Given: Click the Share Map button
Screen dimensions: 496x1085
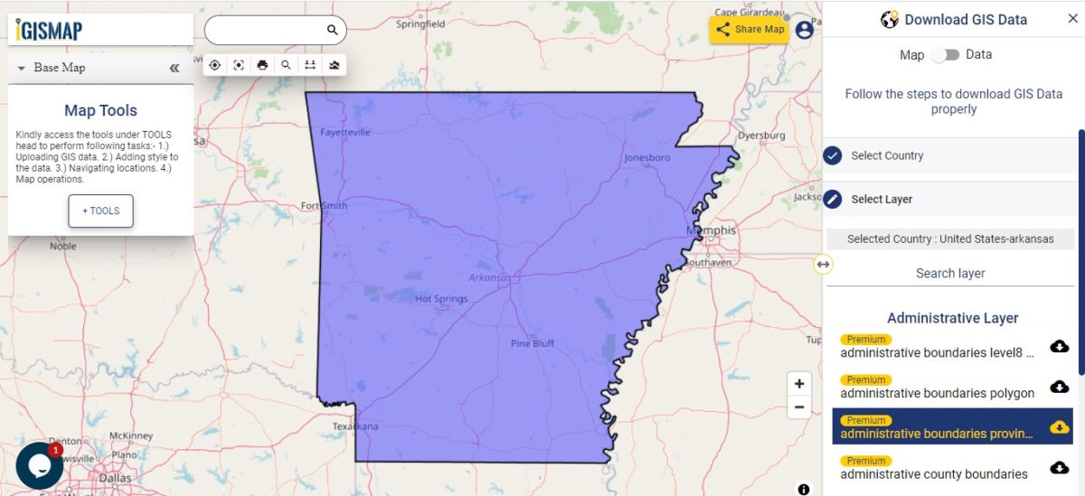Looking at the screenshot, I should tap(750, 29).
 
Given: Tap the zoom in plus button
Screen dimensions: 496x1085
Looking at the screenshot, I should tap(799, 383).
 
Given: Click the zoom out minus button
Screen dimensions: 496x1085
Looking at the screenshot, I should tap(799, 407).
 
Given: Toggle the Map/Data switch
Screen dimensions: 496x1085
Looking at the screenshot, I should tap(946, 55).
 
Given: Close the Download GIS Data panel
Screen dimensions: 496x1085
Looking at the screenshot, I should tap(1072, 19).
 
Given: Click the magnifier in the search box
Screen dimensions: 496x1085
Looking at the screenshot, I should tap(332, 30).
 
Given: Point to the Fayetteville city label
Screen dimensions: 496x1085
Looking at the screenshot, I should tap(345, 132).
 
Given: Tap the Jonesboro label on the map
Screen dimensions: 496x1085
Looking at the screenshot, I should tap(647, 158).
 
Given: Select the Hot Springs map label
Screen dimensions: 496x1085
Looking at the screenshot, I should tap(441, 298).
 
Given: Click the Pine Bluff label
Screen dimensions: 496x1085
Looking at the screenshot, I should tap(533, 343).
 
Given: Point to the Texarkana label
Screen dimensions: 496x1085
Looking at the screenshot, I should tap(355, 426).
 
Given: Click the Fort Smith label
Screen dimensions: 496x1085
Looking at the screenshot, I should tap(324, 206).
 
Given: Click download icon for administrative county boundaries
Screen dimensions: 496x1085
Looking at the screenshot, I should tap(1059, 468).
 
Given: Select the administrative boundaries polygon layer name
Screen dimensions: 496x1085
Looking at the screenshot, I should tap(937, 393).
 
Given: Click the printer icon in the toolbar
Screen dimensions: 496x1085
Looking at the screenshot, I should tap(262, 65).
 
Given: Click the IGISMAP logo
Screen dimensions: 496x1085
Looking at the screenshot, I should tap(50, 31).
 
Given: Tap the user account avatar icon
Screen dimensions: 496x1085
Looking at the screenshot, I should tap(804, 29).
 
